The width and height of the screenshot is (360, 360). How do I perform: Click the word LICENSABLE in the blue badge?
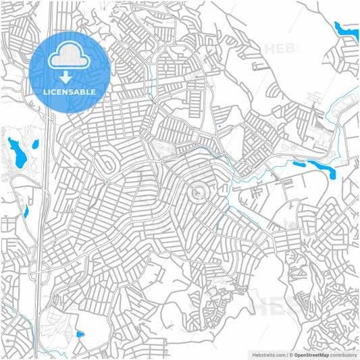point(70,91)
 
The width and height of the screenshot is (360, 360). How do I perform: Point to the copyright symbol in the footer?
point(291,354)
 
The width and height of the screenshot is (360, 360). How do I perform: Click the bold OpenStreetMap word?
point(311,354)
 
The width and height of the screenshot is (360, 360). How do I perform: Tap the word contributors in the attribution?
point(343,354)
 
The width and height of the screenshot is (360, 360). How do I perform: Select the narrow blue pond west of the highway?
point(26,211)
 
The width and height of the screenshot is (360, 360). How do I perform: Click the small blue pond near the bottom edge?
point(80,334)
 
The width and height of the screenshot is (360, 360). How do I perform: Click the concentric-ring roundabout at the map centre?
point(197,195)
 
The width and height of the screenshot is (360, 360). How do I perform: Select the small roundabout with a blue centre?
point(107,181)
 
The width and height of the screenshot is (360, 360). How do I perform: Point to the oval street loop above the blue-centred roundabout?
point(106,162)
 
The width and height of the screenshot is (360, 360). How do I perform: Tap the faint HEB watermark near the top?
point(282,49)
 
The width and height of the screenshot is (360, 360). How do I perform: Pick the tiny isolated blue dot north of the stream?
point(219,126)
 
